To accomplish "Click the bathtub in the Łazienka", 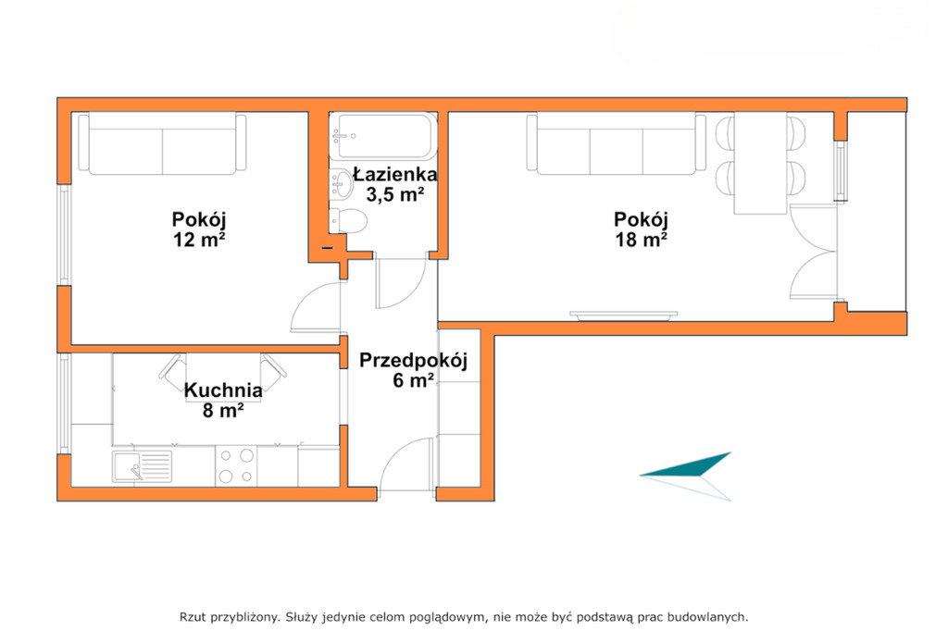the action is pos(382,136).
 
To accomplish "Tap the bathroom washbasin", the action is pos(342,183).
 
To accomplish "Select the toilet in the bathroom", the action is pos(348,220).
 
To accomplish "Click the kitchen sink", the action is pos(142,466).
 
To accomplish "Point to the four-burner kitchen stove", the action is pos(236,466).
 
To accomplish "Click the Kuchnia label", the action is pos(223,390).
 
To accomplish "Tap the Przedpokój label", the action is pos(414,361).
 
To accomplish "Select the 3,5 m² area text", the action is pos(394,194).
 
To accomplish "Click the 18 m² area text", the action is pos(641,240).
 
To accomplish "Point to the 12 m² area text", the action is pos(199,240).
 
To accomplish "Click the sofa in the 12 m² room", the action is pos(162,143).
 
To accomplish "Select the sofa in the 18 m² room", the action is pos(616,143).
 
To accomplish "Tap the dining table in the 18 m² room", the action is pos(761,163).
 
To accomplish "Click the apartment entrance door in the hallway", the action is pos(406,464).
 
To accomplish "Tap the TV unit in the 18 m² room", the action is pos(623,315).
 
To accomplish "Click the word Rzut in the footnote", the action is pos(193,617).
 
